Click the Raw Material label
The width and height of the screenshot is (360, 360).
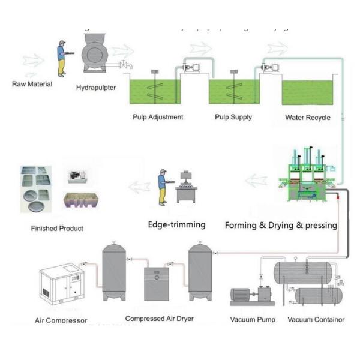(32, 84)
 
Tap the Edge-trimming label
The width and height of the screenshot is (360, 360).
(176, 225)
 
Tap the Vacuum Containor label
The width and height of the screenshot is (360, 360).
(316, 319)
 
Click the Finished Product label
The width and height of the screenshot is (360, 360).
(57, 229)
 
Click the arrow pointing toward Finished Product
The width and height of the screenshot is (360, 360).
(139, 187)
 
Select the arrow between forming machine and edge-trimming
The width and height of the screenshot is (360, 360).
(257, 179)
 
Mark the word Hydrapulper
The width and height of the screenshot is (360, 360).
(96, 88)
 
